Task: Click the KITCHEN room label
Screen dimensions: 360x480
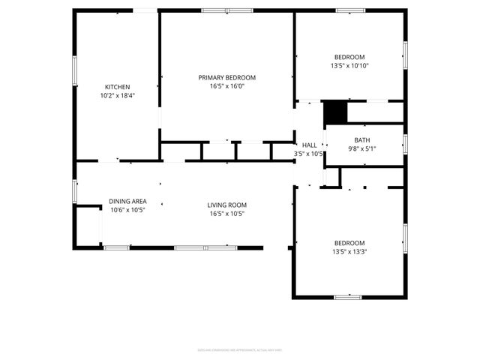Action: pos(118,87)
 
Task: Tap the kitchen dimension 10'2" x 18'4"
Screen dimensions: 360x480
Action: pos(118,95)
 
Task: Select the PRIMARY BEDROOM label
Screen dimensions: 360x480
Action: pos(226,77)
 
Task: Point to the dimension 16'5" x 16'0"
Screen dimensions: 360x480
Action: pos(226,85)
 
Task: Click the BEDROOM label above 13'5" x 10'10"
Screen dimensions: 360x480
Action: pos(349,58)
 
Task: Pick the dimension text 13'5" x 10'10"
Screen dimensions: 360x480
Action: pos(349,66)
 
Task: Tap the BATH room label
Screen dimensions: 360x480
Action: pos(362,140)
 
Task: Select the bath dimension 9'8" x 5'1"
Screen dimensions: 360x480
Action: pos(362,148)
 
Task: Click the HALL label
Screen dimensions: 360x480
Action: pos(309,145)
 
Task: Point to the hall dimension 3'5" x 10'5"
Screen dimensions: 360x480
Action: pos(309,154)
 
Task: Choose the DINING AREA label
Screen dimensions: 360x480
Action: pos(127,201)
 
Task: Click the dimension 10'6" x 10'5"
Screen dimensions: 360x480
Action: pos(127,210)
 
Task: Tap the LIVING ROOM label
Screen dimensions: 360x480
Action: pos(226,205)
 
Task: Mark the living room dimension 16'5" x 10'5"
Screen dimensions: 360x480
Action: pos(226,214)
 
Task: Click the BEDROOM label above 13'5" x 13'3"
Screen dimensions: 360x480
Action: pos(349,243)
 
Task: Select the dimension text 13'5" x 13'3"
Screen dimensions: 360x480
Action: pos(349,251)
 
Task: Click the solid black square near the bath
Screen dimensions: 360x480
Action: pos(335,112)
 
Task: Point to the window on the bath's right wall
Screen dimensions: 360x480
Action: pos(404,143)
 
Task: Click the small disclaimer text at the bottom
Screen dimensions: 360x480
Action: pos(239,349)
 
